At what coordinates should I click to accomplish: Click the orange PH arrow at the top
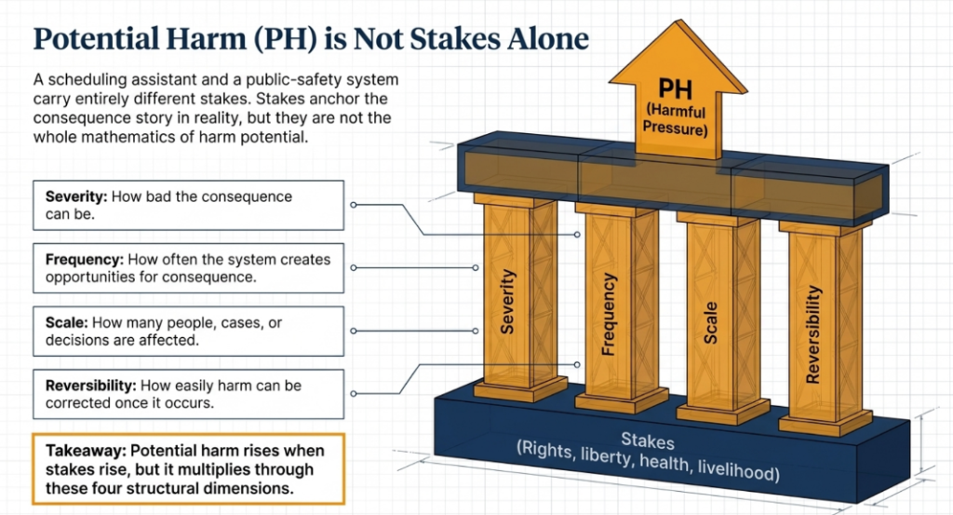point(678,91)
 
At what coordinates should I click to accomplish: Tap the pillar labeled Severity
point(519,298)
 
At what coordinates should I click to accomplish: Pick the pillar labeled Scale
point(722,318)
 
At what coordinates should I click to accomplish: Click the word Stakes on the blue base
point(648,440)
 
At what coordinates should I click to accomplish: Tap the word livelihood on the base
point(738,468)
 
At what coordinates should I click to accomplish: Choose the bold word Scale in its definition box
point(67,322)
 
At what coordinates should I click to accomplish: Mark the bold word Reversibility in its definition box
point(91,386)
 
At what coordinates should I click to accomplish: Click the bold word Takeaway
point(86,451)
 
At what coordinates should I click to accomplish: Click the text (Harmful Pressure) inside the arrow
point(676,119)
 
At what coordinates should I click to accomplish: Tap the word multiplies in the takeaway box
point(215,469)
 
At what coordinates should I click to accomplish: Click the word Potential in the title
point(97,39)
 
